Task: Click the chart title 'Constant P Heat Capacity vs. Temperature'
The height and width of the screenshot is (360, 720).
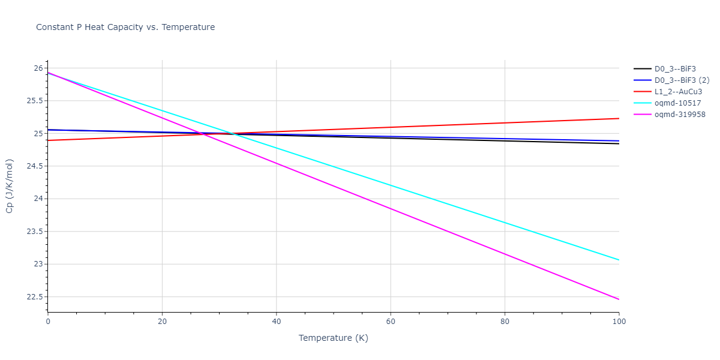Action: pos(125,27)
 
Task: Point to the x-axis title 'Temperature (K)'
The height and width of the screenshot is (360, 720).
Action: pos(333,338)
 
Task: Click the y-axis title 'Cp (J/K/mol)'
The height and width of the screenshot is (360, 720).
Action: pos(10,186)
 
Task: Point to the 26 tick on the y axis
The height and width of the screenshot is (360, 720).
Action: pos(38,68)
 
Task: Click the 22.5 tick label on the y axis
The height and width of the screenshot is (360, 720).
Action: pos(34,297)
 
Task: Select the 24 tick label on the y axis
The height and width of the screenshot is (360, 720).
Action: pos(38,199)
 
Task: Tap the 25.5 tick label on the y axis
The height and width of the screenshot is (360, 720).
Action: pos(34,101)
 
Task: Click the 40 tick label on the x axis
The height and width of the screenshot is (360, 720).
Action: pos(276,322)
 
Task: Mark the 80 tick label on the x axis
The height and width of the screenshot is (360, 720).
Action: pos(505,322)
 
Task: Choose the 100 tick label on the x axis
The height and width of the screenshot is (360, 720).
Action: pos(619,322)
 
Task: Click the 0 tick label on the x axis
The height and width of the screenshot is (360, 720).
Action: pos(48,322)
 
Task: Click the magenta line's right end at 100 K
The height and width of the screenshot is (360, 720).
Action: pos(619,299)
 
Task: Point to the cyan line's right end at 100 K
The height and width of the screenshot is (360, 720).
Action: pos(619,260)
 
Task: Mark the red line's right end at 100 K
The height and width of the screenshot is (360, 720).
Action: pos(619,118)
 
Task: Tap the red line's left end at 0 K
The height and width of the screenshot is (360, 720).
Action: pos(48,140)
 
